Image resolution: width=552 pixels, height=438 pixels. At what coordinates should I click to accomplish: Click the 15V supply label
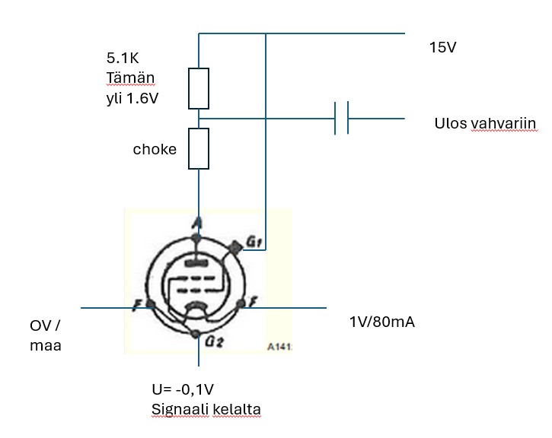pyautogui.click(x=442, y=47)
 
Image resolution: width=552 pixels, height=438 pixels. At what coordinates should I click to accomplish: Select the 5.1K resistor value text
pyautogui.click(x=123, y=58)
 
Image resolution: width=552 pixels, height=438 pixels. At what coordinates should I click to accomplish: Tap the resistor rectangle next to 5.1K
pyautogui.click(x=199, y=88)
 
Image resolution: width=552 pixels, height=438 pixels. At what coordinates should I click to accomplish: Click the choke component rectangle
pyautogui.click(x=199, y=149)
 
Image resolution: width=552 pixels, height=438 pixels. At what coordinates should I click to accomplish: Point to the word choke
pyautogui.click(x=155, y=149)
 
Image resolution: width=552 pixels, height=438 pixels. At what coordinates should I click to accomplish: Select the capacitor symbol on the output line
pyautogui.click(x=342, y=118)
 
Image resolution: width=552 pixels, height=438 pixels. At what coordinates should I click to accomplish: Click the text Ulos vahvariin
pyautogui.click(x=485, y=123)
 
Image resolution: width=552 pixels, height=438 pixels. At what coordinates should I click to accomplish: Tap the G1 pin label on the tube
pyautogui.click(x=254, y=242)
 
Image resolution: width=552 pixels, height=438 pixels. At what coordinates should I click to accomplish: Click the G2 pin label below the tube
pyautogui.click(x=214, y=341)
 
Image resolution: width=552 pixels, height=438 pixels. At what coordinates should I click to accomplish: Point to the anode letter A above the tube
pyautogui.click(x=197, y=222)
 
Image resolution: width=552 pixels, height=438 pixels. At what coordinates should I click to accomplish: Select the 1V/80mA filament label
pyautogui.click(x=382, y=322)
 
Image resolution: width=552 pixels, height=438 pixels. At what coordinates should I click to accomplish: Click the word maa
pyautogui.click(x=46, y=345)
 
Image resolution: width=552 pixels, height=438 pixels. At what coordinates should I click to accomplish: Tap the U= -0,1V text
pyautogui.click(x=183, y=389)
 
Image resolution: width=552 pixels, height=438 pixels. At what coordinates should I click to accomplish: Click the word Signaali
pyautogui.click(x=180, y=410)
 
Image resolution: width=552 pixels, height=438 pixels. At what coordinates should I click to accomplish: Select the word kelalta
pyautogui.click(x=237, y=409)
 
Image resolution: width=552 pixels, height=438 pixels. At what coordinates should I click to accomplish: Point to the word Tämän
pyautogui.click(x=130, y=78)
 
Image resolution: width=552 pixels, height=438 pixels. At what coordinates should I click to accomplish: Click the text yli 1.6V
pyautogui.click(x=132, y=98)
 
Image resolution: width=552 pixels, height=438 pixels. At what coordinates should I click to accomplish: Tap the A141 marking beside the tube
pyautogui.click(x=279, y=347)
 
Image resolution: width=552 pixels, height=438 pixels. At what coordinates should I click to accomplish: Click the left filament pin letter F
pyautogui.click(x=138, y=305)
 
